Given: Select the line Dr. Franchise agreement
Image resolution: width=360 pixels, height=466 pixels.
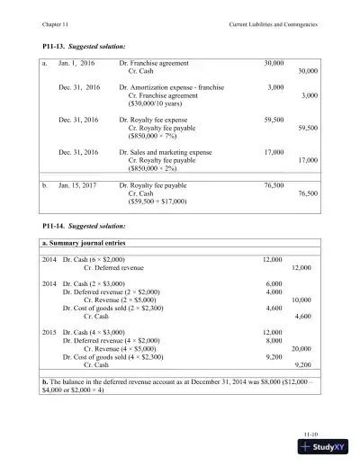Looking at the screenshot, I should [x=155, y=65].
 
